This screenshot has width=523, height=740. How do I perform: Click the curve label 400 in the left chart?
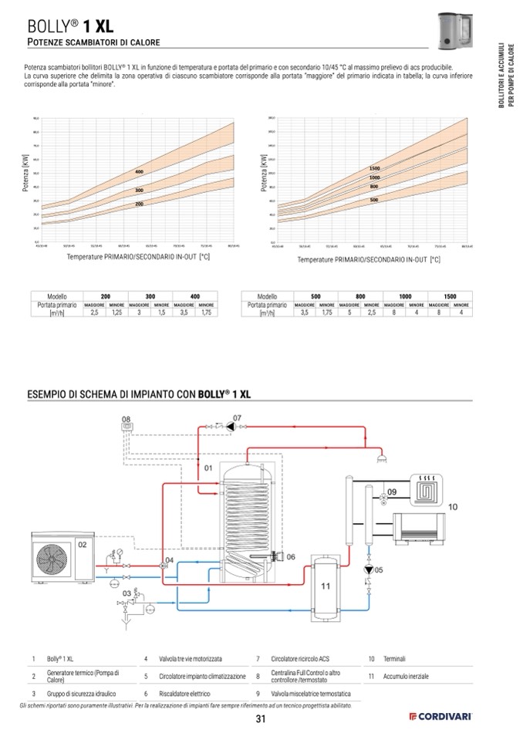click(140, 171)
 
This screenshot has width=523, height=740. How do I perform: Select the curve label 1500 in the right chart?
click(375, 168)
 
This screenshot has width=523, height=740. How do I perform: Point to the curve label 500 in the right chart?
click(373, 200)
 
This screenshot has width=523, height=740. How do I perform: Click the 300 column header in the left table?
click(150, 296)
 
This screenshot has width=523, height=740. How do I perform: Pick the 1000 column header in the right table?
click(406, 296)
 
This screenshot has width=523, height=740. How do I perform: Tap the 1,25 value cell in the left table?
click(117, 313)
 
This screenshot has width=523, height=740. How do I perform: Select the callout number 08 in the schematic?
click(127, 418)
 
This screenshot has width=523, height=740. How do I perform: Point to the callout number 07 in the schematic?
click(238, 417)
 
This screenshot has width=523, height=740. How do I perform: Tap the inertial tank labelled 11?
click(326, 586)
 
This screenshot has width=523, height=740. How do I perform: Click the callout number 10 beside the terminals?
click(453, 507)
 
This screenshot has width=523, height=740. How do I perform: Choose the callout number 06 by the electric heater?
click(291, 556)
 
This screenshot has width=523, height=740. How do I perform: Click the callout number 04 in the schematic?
click(169, 559)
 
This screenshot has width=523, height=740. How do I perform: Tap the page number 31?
click(261, 720)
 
